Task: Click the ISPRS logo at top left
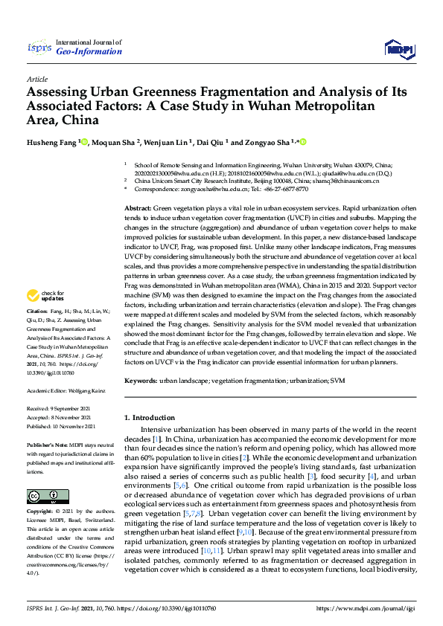pos(39,48)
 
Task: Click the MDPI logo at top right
pos(398,49)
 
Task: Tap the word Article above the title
pos(37,79)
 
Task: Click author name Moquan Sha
pos(115,142)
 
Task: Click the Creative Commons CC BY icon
pos(38,495)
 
